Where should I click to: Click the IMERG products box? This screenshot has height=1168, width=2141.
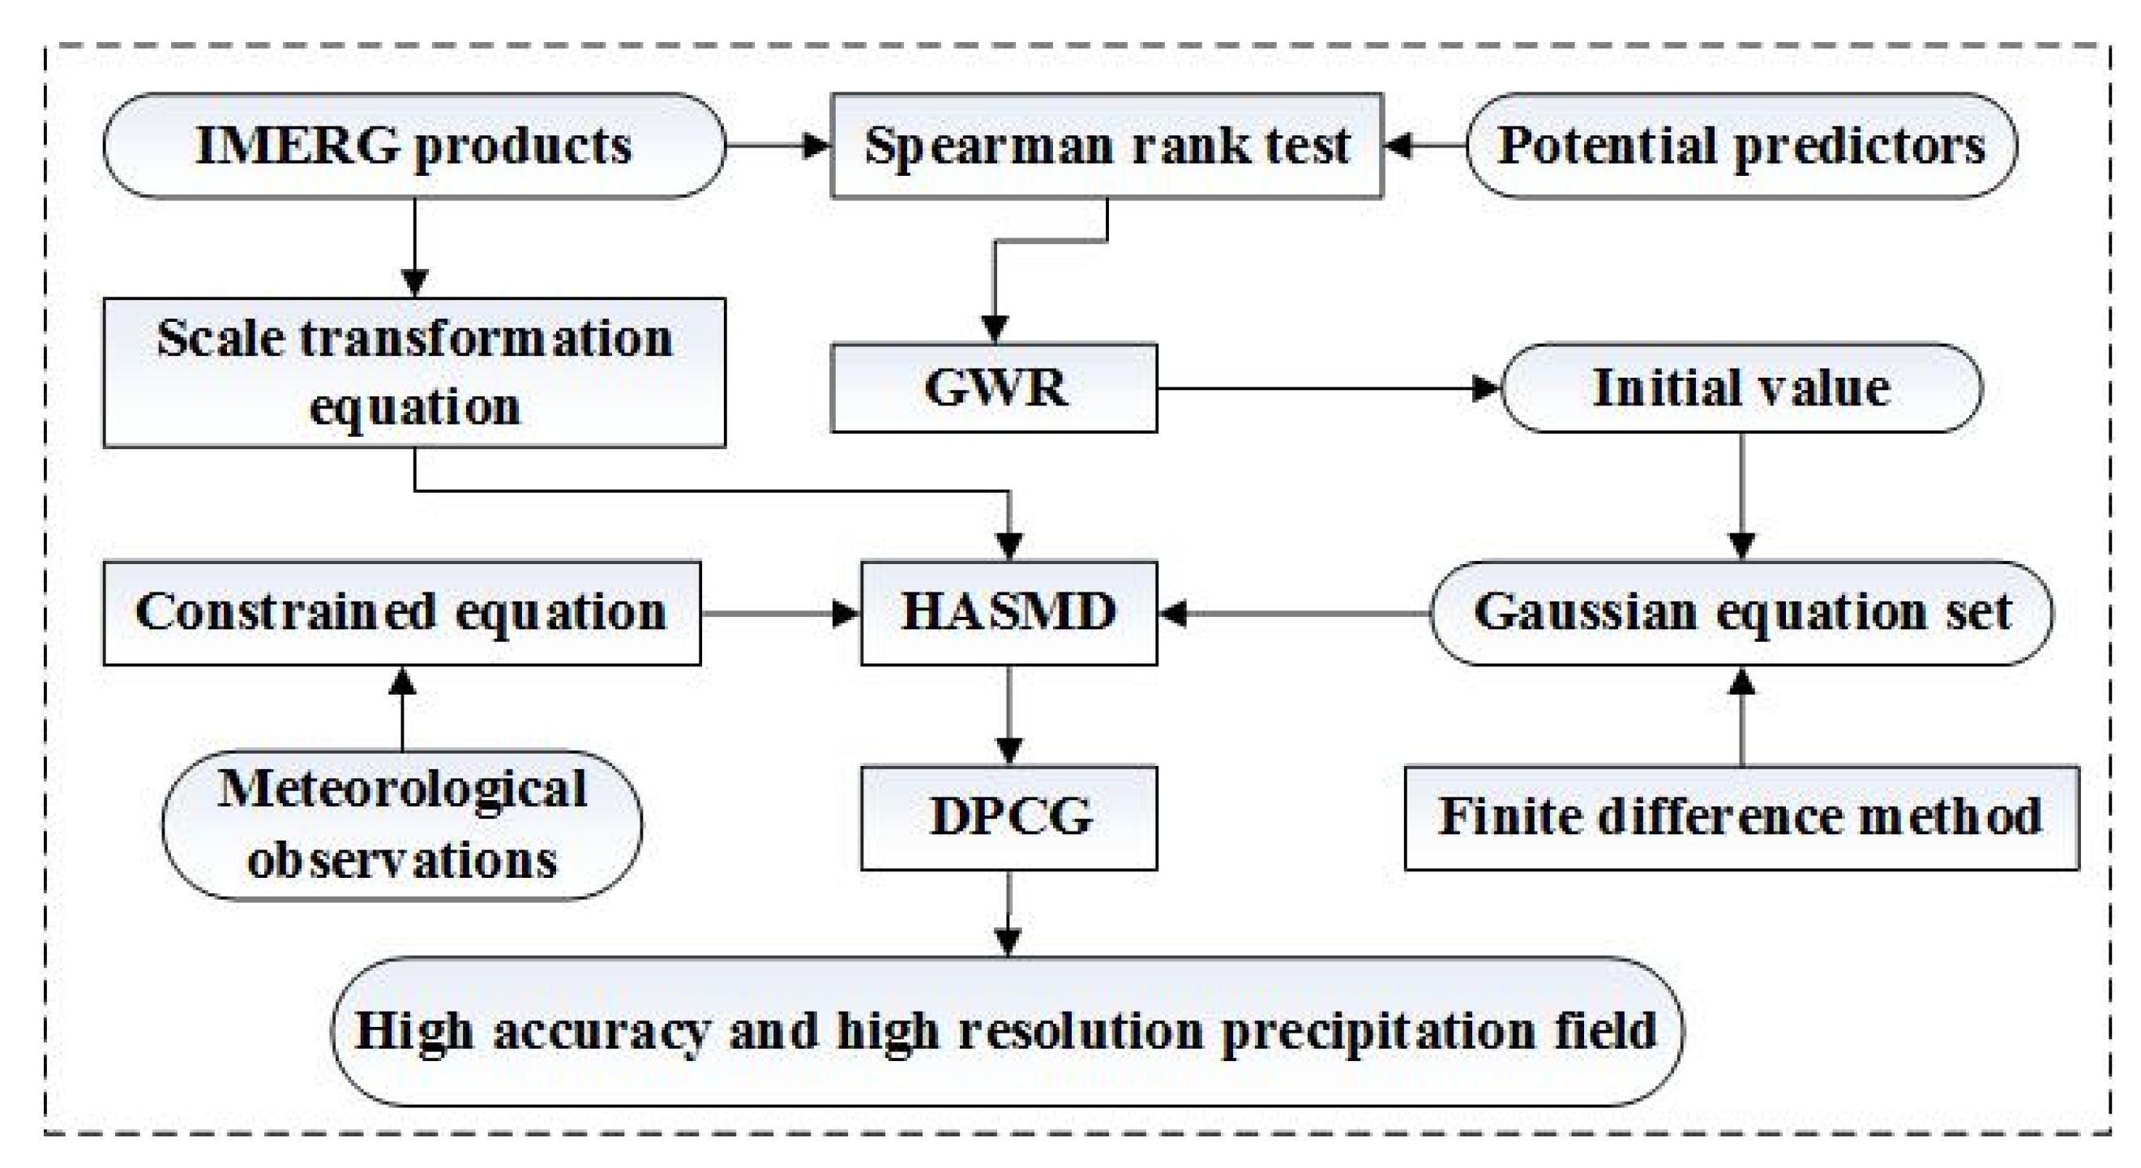(x=414, y=146)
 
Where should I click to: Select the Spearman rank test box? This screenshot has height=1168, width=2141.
(x=1107, y=146)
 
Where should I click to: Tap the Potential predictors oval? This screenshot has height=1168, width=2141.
(x=1741, y=146)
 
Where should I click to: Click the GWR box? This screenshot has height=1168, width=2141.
(x=994, y=388)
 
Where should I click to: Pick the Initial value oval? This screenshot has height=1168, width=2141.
(x=1741, y=388)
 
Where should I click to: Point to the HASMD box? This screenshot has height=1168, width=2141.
(x=1008, y=613)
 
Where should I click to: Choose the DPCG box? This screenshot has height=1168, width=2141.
(x=1008, y=817)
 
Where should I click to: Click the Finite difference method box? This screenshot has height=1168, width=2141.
(x=1741, y=817)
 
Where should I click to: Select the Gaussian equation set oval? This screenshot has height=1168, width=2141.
(x=1741, y=613)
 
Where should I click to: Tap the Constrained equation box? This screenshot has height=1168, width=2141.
(x=402, y=613)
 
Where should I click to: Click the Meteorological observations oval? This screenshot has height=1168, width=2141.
(x=402, y=824)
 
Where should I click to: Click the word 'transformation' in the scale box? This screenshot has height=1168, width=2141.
(x=486, y=339)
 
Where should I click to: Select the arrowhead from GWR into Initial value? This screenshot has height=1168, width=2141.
(x=1485, y=388)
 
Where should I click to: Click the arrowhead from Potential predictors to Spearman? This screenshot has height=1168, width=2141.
(x=1398, y=146)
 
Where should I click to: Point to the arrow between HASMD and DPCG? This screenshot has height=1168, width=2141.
(x=1008, y=714)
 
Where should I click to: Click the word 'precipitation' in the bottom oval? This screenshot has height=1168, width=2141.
(x=1377, y=1032)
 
